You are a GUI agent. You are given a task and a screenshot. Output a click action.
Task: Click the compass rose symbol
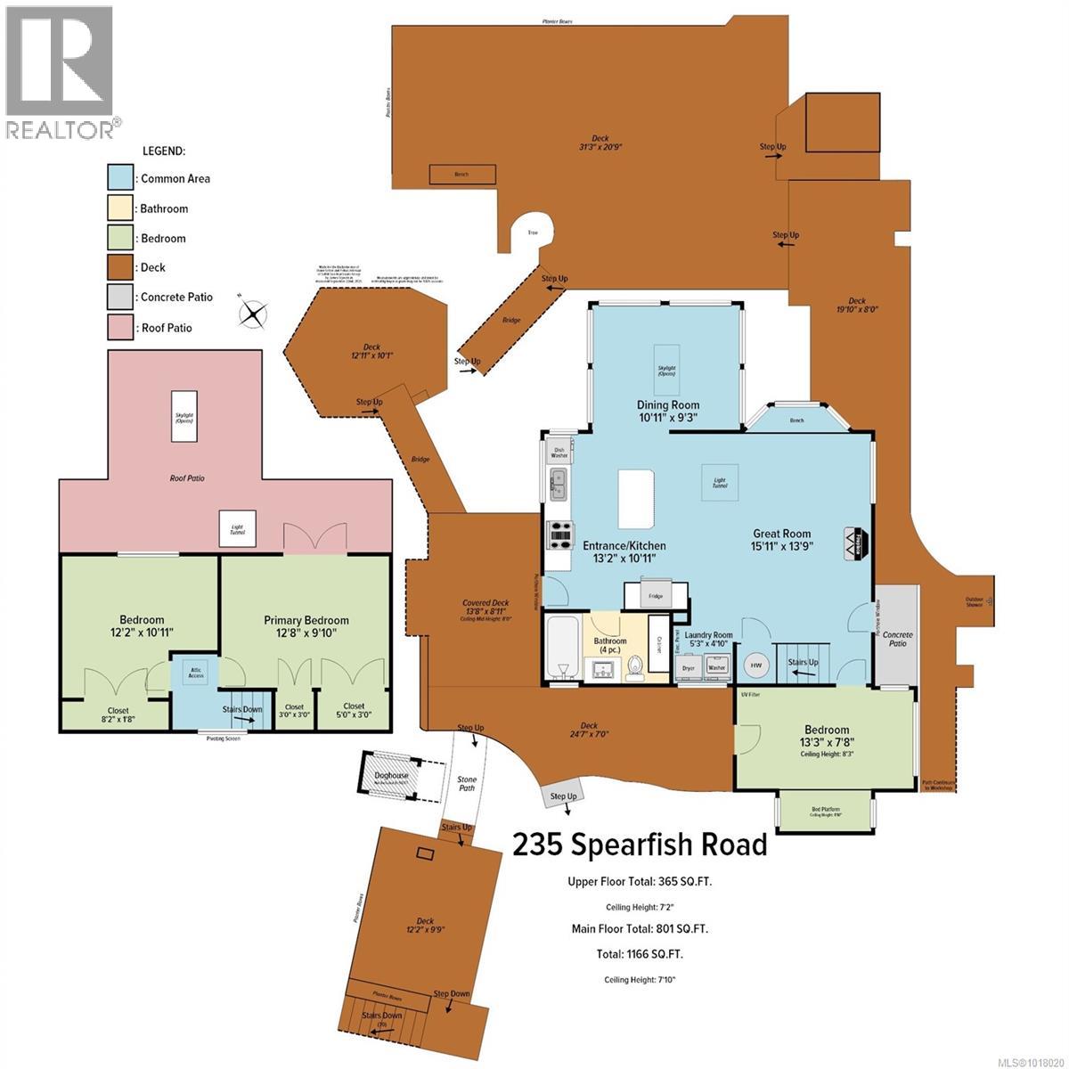[254, 314]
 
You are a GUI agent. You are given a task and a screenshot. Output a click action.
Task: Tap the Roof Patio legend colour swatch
[120, 328]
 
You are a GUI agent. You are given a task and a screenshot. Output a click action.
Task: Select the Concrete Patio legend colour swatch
[120, 298]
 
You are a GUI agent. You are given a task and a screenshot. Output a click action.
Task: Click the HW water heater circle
[756, 665]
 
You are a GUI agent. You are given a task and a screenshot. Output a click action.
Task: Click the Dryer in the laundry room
[688, 666]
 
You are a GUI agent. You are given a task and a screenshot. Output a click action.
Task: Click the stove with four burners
[561, 534]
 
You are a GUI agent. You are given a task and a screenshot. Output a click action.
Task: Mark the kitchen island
[637, 500]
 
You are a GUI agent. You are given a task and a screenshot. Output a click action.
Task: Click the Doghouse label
[392, 775]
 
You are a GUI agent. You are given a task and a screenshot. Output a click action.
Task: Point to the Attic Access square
[196, 673]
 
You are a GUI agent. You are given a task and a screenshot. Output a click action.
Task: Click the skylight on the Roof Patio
[184, 415]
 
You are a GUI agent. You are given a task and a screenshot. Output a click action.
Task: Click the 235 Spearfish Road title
[640, 844]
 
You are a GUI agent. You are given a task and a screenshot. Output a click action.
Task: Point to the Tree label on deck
[533, 233]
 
